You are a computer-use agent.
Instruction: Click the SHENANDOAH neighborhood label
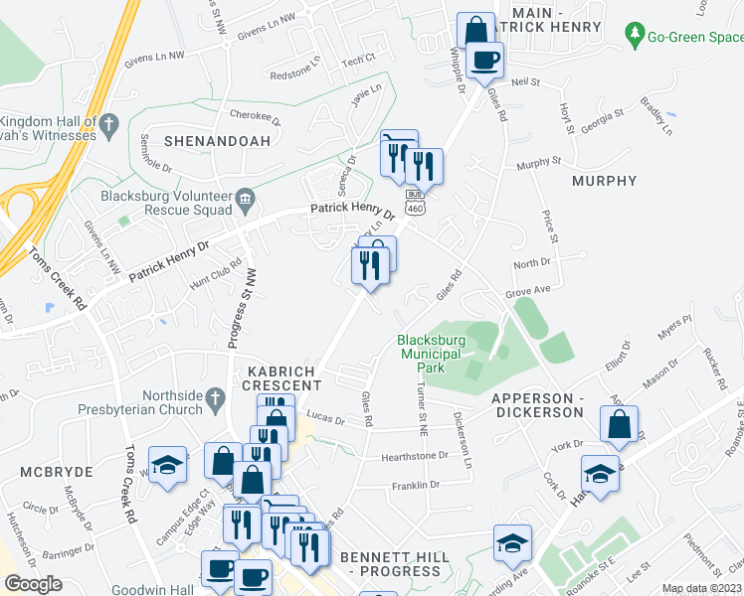tap(217, 141)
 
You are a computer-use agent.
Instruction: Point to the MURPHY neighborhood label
tap(604, 181)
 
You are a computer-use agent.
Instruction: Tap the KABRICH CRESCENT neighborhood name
tap(279, 376)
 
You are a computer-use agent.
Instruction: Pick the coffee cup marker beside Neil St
tap(484, 60)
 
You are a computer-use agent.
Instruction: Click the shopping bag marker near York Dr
tap(620, 424)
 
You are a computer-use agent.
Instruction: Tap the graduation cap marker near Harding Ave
tap(512, 542)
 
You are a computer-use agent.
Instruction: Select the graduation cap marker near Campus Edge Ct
tap(167, 464)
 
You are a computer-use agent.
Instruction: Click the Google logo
tap(33, 584)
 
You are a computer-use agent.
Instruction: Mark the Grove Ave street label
tap(527, 292)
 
